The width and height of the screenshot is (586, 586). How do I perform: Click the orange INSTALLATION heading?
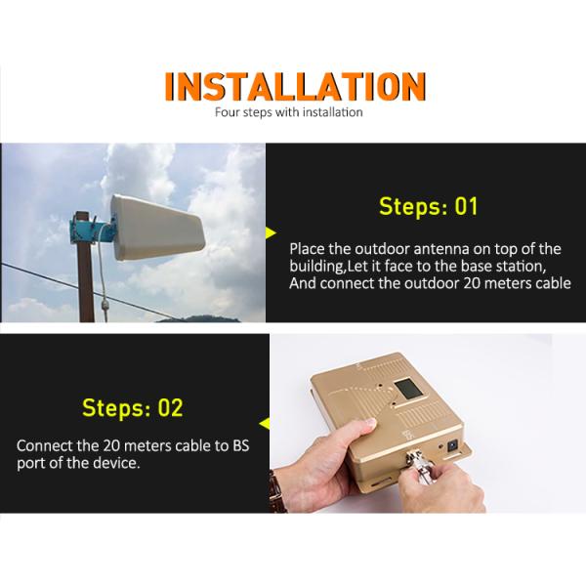[294, 87]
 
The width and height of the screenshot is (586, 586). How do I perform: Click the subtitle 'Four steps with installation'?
[288, 112]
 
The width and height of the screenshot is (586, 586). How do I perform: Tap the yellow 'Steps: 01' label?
[428, 207]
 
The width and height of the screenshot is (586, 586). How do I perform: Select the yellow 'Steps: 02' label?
[132, 407]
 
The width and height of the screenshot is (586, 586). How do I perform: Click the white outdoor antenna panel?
[156, 226]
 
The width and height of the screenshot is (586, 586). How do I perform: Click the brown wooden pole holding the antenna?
[84, 283]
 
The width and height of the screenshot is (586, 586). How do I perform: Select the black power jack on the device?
[453, 445]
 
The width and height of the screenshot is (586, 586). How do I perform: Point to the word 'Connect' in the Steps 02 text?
[43, 444]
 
